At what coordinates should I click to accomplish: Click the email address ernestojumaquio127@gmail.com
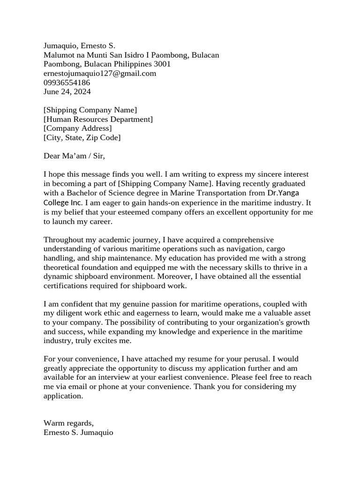coord(100,74)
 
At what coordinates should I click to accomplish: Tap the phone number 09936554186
coord(67,82)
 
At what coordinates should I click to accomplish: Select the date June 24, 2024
coord(67,92)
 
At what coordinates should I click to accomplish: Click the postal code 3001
coord(162,64)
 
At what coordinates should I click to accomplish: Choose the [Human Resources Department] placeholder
coord(98,120)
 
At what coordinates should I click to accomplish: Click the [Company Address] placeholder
coord(77,128)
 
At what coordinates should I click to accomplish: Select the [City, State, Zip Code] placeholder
coord(82,138)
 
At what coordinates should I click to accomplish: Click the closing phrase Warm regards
coord(68,423)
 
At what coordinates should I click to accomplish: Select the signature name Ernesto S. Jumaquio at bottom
coord(78,433)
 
